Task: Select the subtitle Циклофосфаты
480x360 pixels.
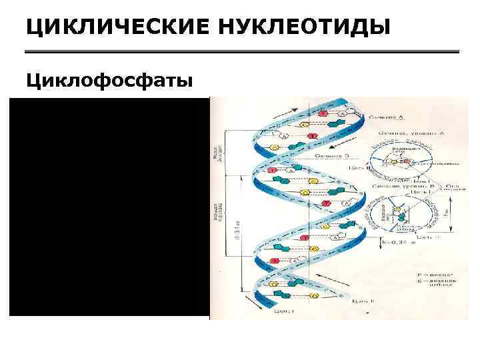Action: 109,81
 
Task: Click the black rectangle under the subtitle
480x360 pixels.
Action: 109,206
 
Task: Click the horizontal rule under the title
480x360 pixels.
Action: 242,52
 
